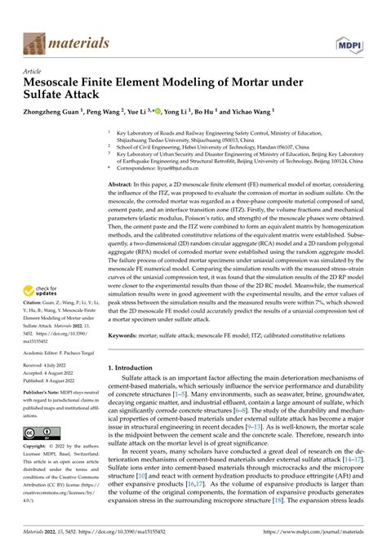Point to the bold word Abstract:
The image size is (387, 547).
click(x=123, y=185)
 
